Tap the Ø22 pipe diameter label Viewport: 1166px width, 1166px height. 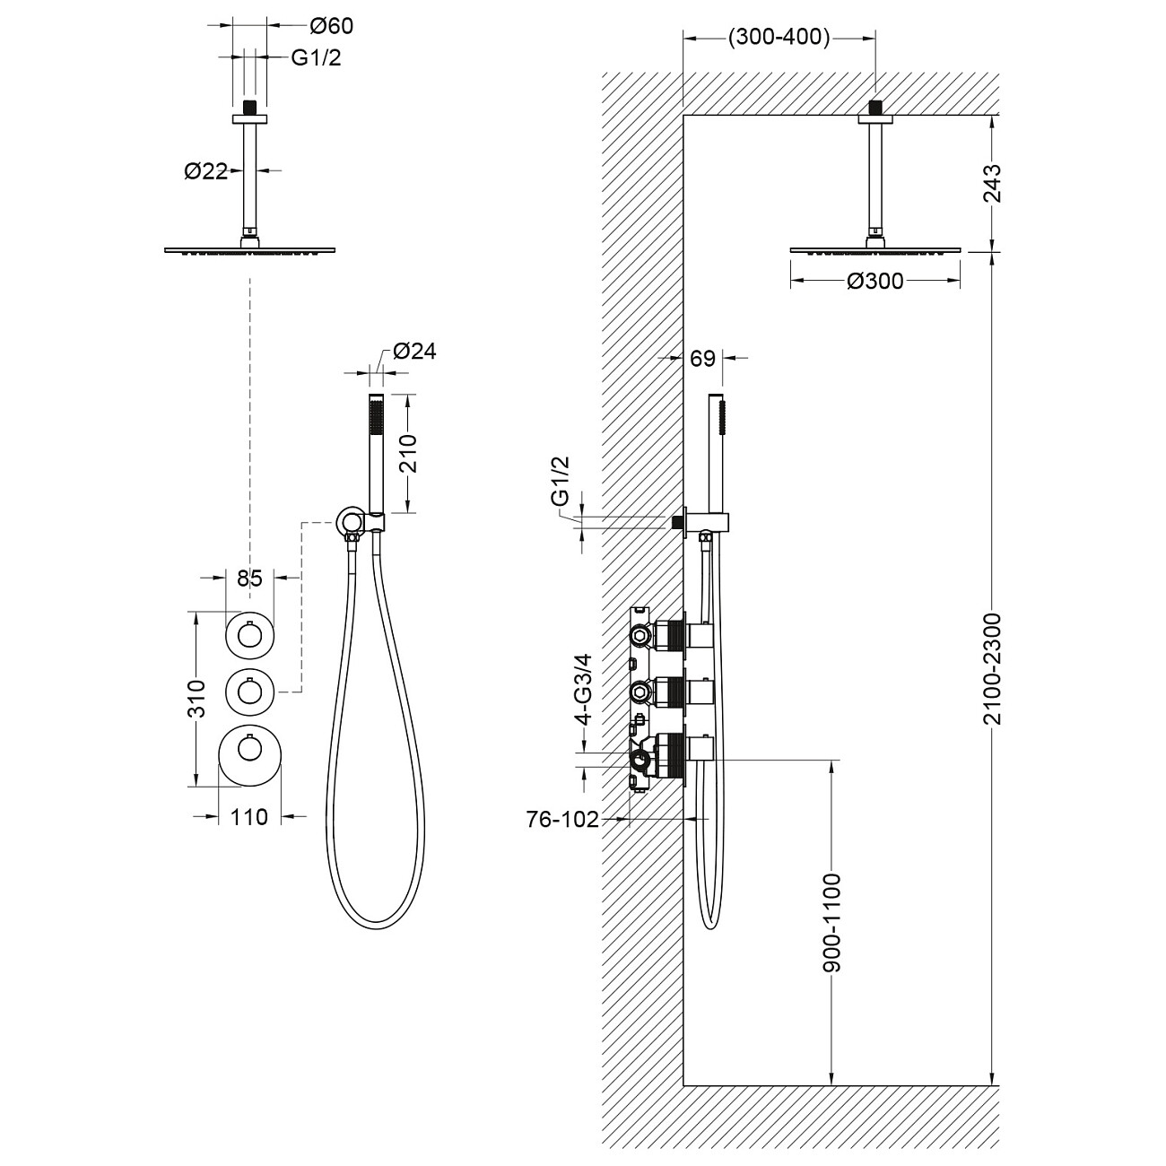(205, 171)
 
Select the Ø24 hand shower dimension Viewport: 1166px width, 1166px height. (413, 352)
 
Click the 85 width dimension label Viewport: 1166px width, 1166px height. (248, 579)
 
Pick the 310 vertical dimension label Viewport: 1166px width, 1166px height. (198, 698)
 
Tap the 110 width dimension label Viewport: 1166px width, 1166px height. (249, 817)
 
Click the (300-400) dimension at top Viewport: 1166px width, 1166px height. (779, 38)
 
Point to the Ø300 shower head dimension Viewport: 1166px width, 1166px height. (874, 282)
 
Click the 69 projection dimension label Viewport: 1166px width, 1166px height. (703, 359)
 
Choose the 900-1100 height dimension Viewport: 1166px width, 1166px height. (832, 922)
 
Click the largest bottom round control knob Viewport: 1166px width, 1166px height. (250, 756)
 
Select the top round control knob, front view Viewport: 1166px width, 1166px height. (248, 635)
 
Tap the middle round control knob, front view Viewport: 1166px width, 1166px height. (248, 692)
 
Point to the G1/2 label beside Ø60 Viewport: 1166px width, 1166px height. (316, 58)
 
